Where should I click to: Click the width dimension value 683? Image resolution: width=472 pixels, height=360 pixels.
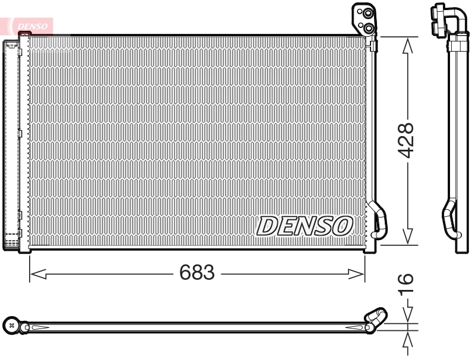[197, 273]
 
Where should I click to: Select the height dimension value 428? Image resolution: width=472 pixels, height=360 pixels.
[406, 140]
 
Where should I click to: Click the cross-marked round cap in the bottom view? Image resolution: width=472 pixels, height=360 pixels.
[11, 326]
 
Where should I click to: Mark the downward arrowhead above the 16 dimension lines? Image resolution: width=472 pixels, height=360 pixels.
[407, 315]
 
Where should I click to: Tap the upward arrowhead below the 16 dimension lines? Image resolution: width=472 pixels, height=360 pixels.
[407, 339]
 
